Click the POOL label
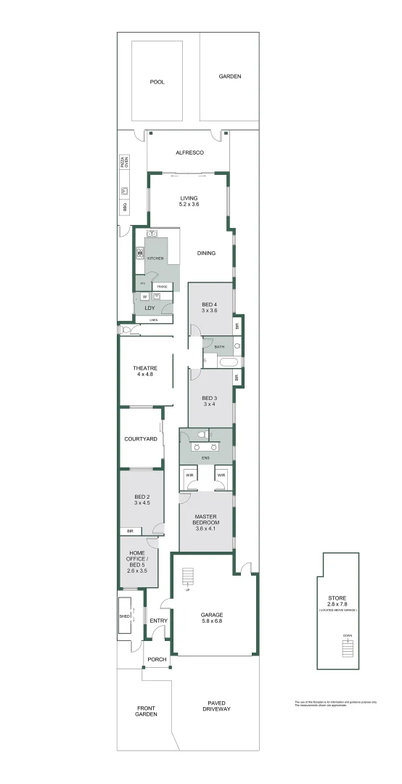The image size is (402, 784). [157, 82]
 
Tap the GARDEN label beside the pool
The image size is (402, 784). [230, 76]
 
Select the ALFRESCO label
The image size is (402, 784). [189, 152]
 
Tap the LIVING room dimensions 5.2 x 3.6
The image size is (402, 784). [189, 205]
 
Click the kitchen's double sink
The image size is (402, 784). [152, 234]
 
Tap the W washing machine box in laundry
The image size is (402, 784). [144, 296]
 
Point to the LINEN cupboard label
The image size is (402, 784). [153, 320]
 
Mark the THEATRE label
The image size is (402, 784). [145, 368]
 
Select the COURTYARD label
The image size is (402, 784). [141, 438]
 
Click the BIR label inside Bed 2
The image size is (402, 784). [130, 531]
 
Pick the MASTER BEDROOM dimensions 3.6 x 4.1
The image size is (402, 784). [206, 528]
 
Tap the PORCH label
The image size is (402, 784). [157, 659]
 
